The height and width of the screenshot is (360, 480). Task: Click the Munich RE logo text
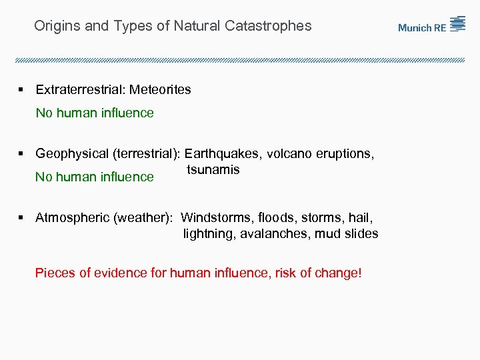coord(422,27)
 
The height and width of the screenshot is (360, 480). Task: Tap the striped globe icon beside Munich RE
coord(457,24)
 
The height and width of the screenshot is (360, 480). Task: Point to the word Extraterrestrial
coord(79,89)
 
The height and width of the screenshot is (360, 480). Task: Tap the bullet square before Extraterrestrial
coord(21,89)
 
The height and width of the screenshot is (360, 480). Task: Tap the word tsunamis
coord(213,169)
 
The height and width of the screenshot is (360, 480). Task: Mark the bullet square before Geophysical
coord(21,153)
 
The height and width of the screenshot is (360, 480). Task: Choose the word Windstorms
coord(213,217)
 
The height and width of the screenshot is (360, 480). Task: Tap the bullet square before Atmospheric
coord(21,217)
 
